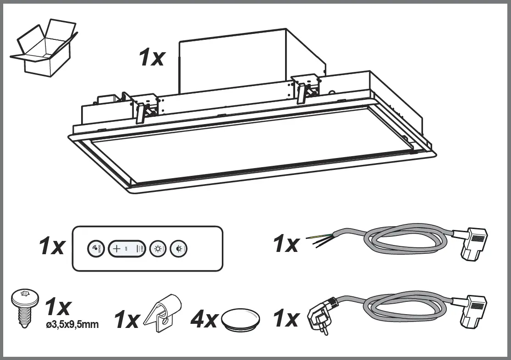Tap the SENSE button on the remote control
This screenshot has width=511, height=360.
click(95, 249)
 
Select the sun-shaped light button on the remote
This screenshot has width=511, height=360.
click(158, 249)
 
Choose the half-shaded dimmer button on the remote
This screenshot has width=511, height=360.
click(179, 249)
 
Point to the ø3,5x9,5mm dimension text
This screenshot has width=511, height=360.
click(72, 325)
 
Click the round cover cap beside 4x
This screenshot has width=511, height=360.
click(241, 319)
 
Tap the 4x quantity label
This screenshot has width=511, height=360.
click(204, 319)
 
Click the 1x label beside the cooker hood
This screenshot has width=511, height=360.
click(151, 58)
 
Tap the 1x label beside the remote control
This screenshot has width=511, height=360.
click(51, 247)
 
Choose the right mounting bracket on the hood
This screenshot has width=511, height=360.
click(303, 87)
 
